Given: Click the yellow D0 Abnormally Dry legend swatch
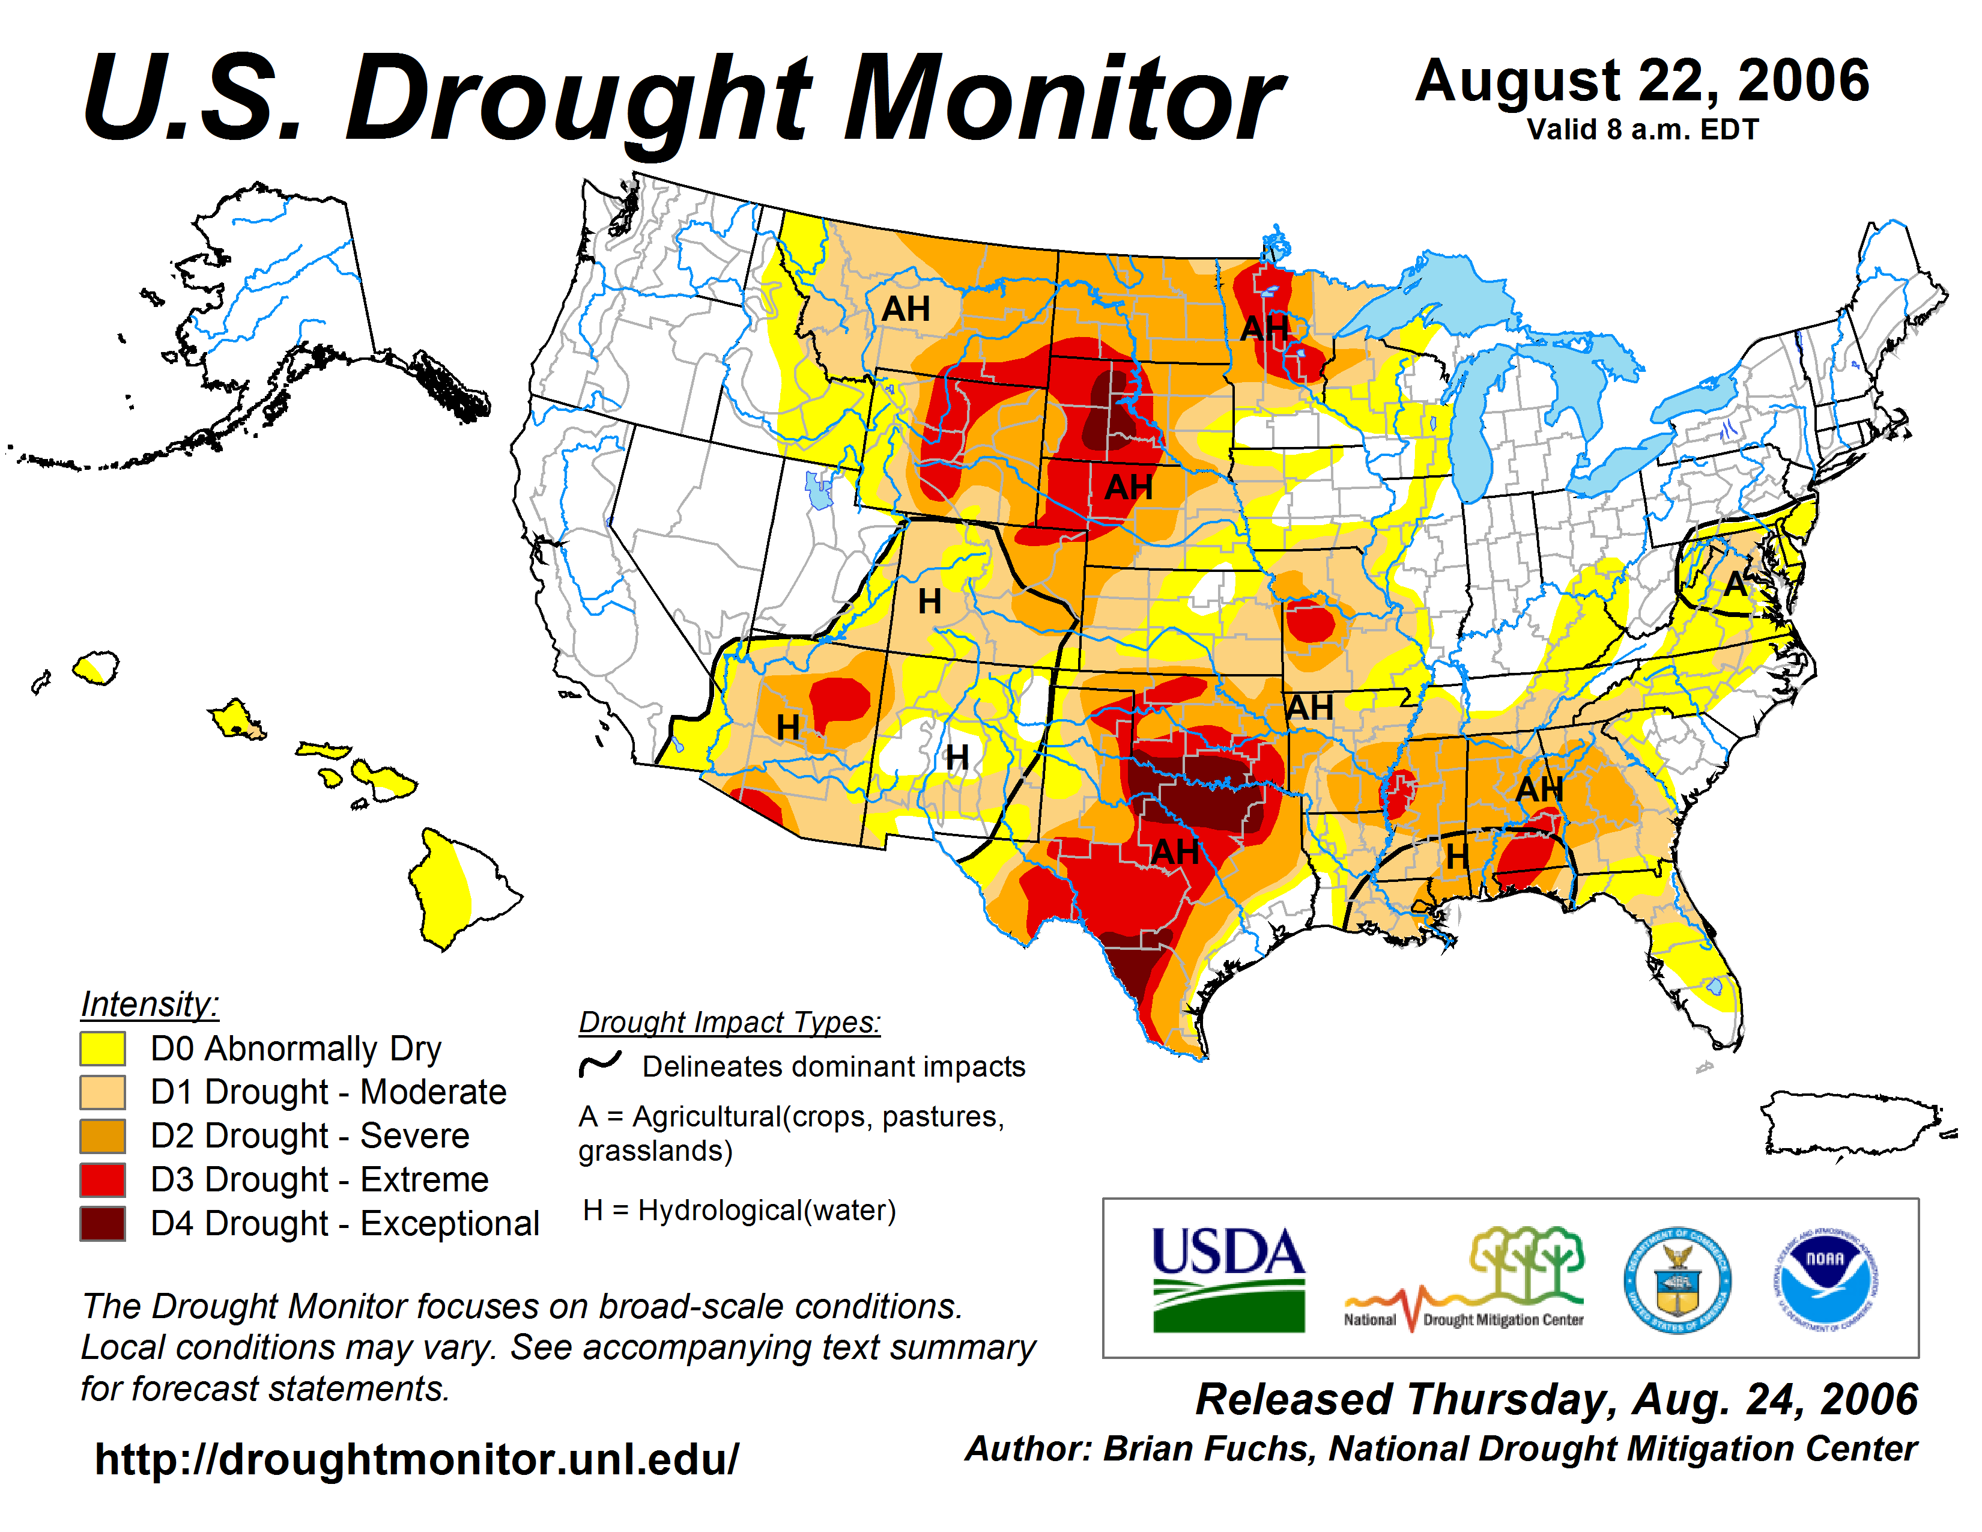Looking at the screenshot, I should (103, 1048).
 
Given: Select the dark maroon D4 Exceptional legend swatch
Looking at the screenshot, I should (103, 1223).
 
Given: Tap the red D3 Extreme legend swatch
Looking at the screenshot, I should (103, 1180).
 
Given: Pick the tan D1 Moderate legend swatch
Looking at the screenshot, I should (103, 1092).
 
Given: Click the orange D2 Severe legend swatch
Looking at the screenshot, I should (103, 1135).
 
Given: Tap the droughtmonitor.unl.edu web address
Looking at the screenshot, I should (417, 1459).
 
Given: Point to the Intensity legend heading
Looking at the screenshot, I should (150, 1004).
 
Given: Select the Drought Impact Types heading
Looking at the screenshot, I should (730, 1022).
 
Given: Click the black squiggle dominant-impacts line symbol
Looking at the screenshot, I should (600, 1063).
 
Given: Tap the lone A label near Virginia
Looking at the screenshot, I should (1735, 583).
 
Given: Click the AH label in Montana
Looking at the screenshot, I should (906, 309).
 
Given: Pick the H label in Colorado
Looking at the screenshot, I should (929, 601).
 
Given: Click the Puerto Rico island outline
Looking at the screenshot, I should (1851, 1125).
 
